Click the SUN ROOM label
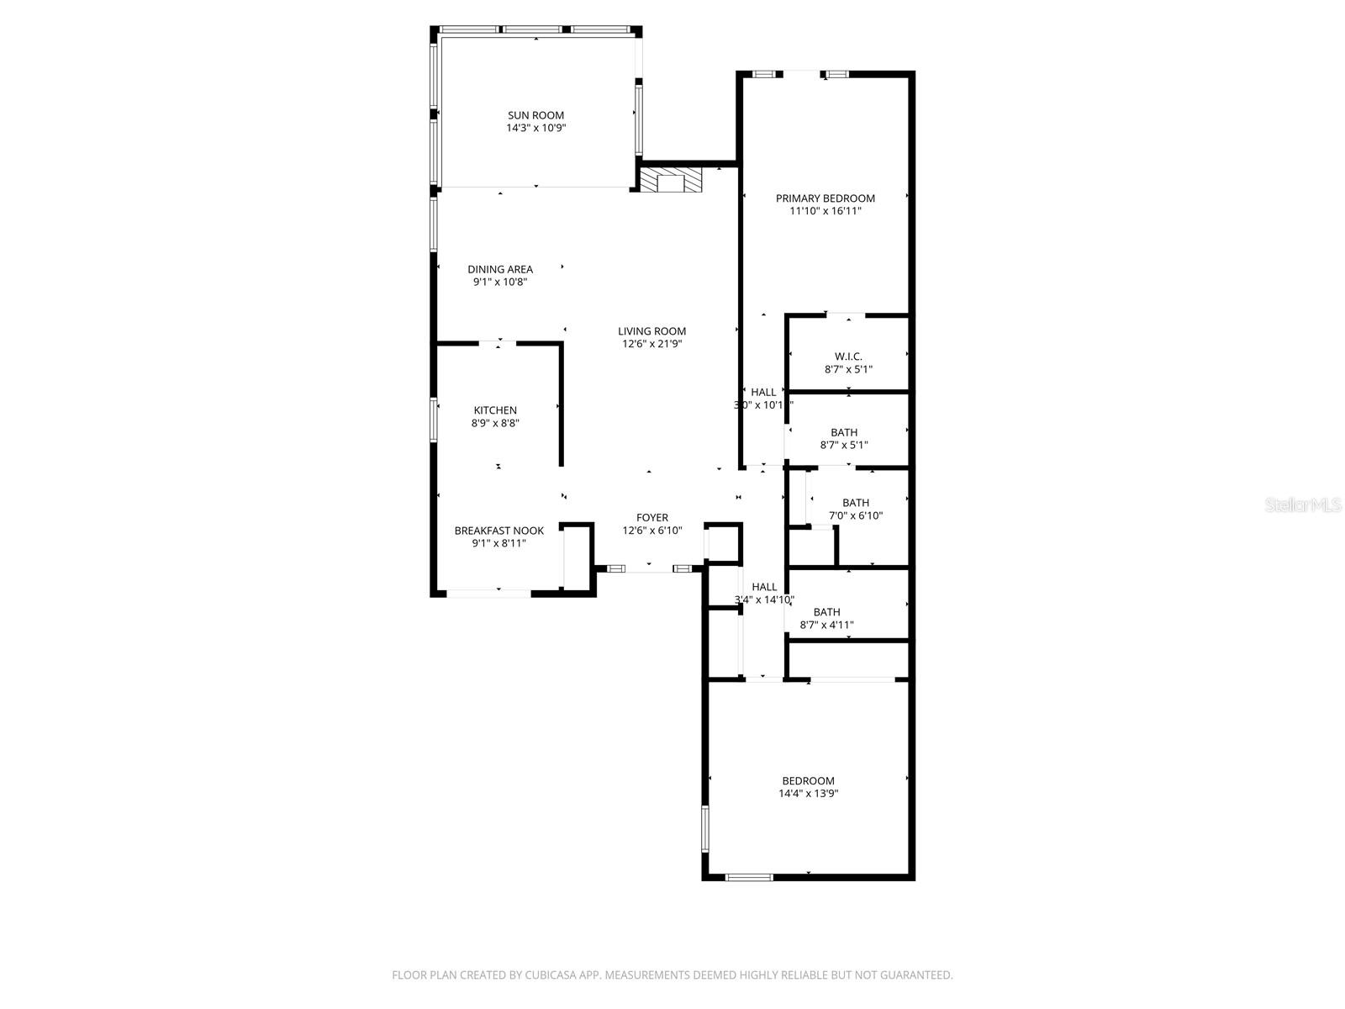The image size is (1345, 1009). click(535, 115)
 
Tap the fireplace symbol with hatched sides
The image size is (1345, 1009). click(671, 182)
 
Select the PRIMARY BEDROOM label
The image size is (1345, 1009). click(825, 198)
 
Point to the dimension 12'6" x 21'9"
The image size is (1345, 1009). click(651, 344)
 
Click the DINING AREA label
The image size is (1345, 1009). click(500, 269)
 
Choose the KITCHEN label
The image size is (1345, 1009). click(495, 410)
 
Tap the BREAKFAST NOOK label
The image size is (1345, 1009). click(498, 531)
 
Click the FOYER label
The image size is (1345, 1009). click(651, 518)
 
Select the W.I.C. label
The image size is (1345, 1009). click(848, 357)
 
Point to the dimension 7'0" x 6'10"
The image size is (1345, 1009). click(856, 516)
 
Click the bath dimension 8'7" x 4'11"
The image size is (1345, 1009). click(825, 625)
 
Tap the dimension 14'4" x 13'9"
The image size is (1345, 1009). click(808, 793)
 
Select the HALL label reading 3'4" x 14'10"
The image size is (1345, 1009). click(764, 587)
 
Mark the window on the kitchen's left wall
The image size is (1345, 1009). click(435, 420)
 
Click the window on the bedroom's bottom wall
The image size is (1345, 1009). click(749, 877)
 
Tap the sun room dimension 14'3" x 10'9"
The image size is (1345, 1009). click(535, 129)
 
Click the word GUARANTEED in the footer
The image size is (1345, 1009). click(915, 975)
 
